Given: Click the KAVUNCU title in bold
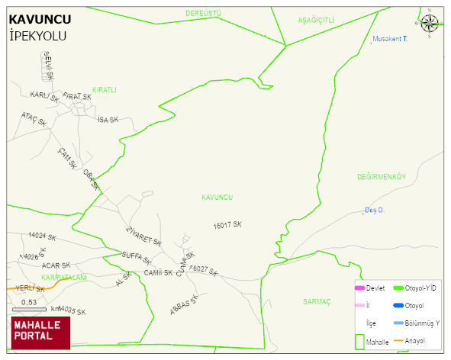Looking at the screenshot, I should pyautogui.click(x=40, y=19).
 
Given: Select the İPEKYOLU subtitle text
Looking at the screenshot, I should pyautogui.click(x=37, y=36).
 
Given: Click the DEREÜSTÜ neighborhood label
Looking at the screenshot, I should pyautogui.click(x=203, y=14).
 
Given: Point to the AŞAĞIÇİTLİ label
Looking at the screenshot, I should pyautogui.click(x=316, y=20).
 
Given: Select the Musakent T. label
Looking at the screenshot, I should pyautogui.click(x=390, y=38).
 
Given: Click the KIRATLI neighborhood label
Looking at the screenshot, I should pyautogui.click(x=104, y=90).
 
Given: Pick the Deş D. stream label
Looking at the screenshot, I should pyautogui.click(x=374, y=210).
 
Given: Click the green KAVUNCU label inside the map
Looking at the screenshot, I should pyautogui.click(x=217, y=198).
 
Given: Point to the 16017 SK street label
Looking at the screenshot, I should pyautogui.click(x=227, y=225).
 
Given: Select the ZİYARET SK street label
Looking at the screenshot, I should pyautogui.click(x=143, y=236).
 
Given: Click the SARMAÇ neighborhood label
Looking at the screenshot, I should pyautogui.click(x=316, y=301).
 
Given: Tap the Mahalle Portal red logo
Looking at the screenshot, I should pyautogui.click(x=40, y=332).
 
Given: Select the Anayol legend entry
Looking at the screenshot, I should pyautogui.click(x=415, y=340).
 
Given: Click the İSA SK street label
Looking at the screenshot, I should pyautogui.click(x=108, y=120).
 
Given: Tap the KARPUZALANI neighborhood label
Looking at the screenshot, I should pyautogui.click(x=64, y=277).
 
